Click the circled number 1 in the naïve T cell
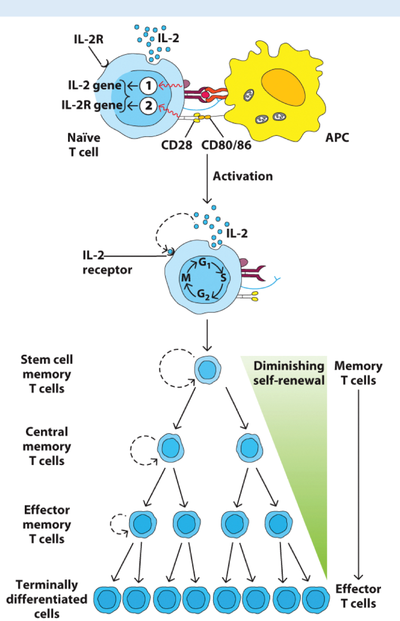[148, 86]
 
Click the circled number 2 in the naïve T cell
[148, 105]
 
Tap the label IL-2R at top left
[89, 39]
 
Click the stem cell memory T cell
[207, 369]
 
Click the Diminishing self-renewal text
[289, 373]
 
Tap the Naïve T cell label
[85, 144]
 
